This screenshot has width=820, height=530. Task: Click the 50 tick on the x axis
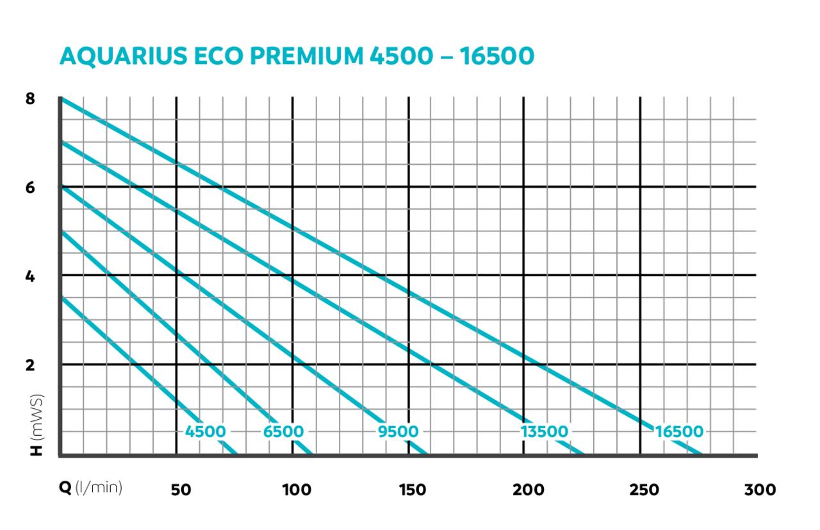180,490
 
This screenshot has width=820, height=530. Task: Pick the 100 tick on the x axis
297,490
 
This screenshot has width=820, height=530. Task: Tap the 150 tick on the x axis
412,490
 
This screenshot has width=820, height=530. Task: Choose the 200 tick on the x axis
529,490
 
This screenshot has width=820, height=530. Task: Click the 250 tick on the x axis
644,490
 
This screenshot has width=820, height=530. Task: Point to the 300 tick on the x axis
760,490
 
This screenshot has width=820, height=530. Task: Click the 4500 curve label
205,431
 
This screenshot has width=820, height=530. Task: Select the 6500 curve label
283,431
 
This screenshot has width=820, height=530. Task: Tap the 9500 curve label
398,431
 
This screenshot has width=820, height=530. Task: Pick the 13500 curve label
544,431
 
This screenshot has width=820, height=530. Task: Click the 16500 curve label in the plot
679,431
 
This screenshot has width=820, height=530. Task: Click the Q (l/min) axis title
90,488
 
